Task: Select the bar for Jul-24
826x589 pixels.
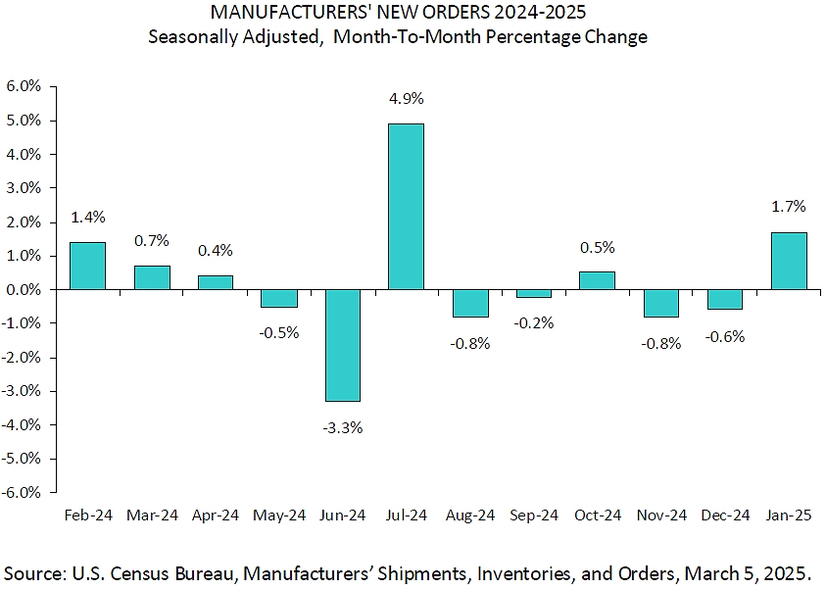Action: click(407, 207)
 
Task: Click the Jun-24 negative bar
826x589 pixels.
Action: click(343, 346)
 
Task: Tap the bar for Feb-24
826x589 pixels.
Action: click(87, 266)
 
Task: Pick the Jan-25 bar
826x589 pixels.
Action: click(789, 262)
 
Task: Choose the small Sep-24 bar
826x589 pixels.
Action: click(534, 293)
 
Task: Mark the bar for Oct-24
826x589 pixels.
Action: click(598, 281)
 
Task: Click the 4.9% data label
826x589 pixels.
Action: click(407, 99)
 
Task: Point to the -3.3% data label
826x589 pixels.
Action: click(343, 428)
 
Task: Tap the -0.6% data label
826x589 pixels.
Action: click(725, 337)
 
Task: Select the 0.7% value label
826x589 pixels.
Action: click(152, 241)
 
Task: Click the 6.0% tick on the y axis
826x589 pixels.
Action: click(24, 86)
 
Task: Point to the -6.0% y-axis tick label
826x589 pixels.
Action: click(22, 492)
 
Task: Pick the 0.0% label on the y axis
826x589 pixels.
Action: click(24, 290)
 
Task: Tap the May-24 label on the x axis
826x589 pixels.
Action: click(279, 515)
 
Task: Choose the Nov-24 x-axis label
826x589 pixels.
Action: click(661, 515)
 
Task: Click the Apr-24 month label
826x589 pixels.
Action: click(215, 515)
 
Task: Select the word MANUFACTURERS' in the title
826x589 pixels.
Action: click(291, 12)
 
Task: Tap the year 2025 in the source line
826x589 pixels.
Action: click(788, 573)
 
